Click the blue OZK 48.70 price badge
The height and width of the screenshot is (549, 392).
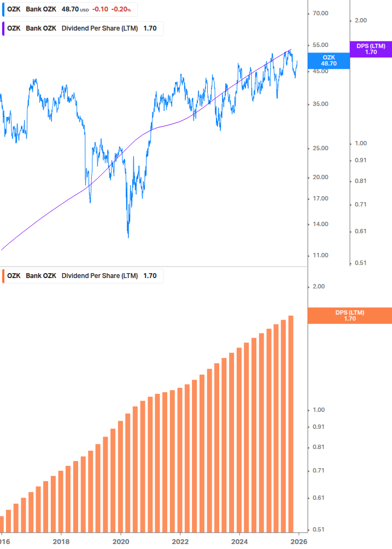[x=329, y=60]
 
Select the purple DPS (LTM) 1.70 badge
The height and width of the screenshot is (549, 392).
[x=371, y=49]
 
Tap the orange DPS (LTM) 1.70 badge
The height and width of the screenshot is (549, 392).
[x=350, y=315]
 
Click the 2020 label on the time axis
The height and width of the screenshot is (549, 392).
[x=121, y=542]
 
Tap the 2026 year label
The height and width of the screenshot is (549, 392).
[x=298, y=542]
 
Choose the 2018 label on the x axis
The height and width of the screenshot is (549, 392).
[x=61, y=542]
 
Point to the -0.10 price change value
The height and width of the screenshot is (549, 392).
[x=100, y=9]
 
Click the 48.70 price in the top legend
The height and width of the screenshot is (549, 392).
[x=71, y=9]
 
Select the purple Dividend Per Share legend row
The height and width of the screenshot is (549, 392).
[x=82, y=28]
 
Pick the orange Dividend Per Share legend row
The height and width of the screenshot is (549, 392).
[x=82, y=276]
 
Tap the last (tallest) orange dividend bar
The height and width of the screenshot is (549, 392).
[x=291, y=423]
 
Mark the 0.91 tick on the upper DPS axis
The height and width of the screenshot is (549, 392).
[x=360, y=160]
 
